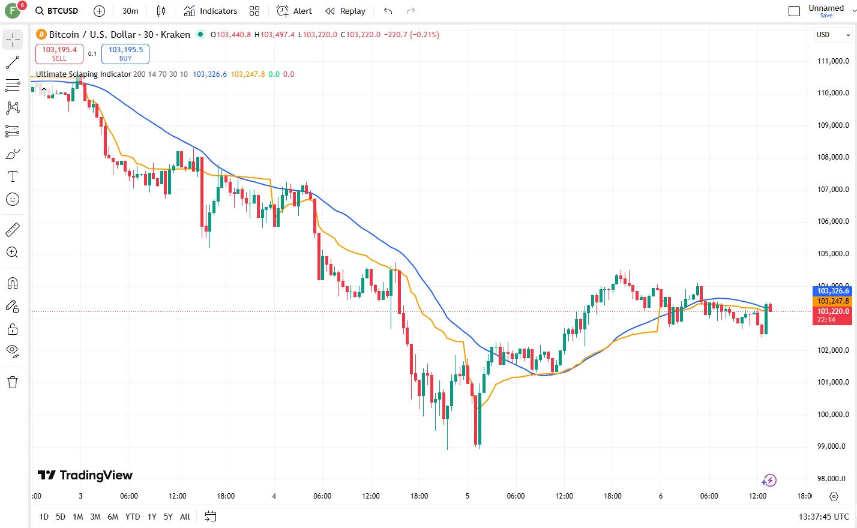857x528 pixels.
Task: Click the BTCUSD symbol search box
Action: [57, 11]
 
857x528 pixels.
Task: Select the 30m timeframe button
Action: [130, 11]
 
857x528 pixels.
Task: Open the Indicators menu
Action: [211, 11]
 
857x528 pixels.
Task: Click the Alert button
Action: [295, 11]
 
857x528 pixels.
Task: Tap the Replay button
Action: [346, 11]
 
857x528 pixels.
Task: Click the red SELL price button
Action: [59, 53]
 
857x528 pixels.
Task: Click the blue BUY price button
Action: [125, 53]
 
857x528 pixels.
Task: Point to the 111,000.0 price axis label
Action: [833, 61]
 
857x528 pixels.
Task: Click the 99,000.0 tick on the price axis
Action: [833, 446]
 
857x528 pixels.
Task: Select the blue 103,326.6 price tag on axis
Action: [833, 291]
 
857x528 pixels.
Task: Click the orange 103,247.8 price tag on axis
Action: [833, 301]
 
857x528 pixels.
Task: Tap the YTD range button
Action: [133, 517]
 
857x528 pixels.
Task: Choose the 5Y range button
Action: [168, 517]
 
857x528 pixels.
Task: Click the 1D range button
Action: [44, 517]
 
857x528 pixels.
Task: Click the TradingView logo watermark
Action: [85, 475]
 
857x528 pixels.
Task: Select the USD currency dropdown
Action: [833, 35]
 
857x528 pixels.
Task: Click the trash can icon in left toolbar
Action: [13, 382]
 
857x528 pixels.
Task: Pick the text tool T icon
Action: [13, 176]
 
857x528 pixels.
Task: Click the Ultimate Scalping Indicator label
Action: [83, 74]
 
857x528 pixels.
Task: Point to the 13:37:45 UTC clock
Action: [823, 517]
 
